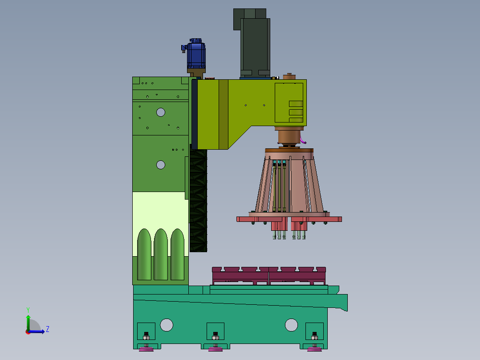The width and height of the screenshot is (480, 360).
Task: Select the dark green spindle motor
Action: [252, 43]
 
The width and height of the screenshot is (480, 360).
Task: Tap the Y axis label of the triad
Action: [28, 310]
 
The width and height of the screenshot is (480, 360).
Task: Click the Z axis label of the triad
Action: [48, 329]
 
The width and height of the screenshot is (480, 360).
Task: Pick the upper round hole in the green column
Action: [161, 112]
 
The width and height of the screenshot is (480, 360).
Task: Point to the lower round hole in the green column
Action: [161, 165]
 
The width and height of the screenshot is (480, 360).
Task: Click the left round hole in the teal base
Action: [167, 325]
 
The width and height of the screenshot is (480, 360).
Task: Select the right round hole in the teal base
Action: [291, 325]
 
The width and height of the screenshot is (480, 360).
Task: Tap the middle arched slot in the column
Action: [161, 254]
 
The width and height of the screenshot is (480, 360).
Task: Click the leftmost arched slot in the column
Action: [144, 254]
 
